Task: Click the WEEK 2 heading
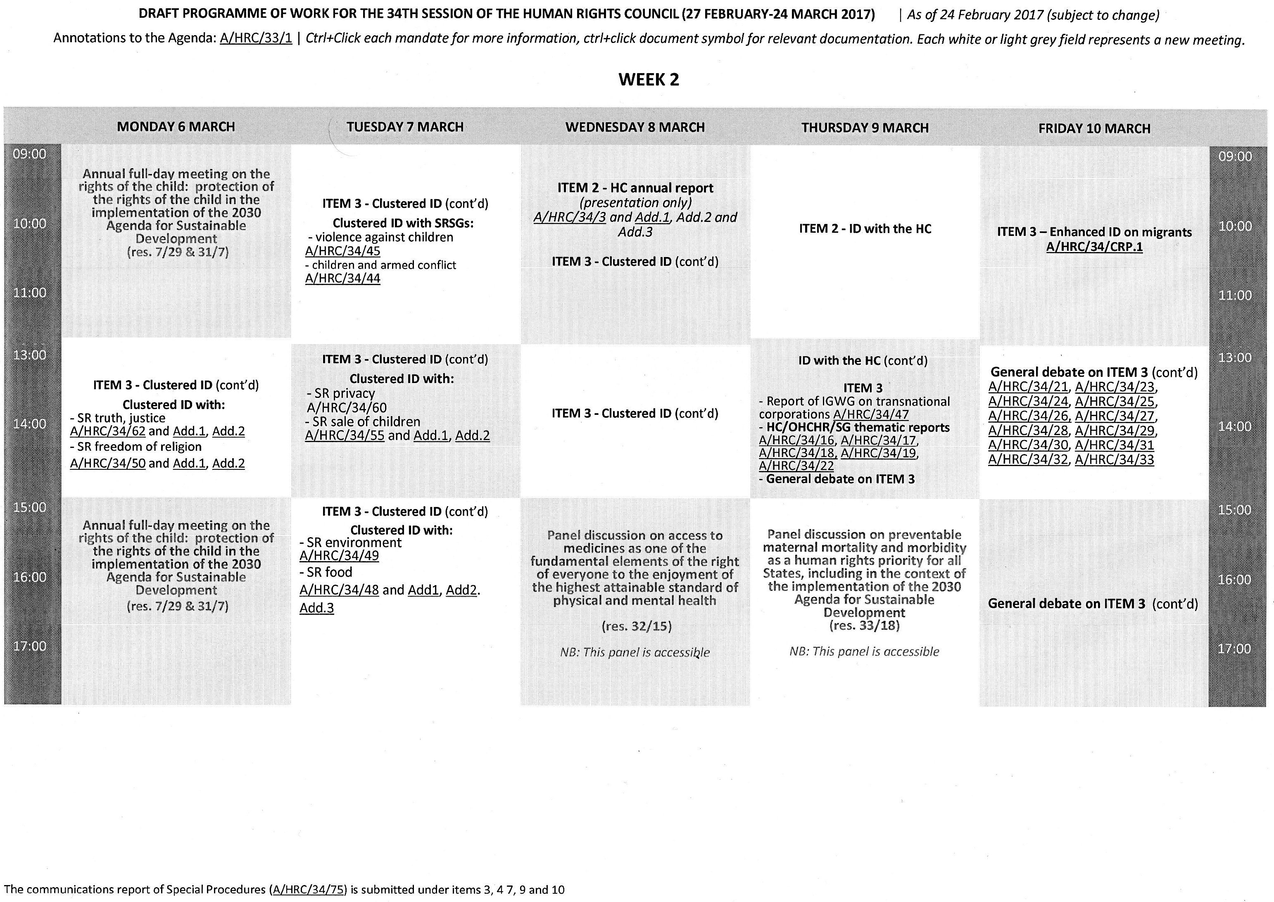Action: (x=648, y=79)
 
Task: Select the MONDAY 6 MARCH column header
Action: (x=176, y=126)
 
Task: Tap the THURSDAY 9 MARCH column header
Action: (x=865, y=128)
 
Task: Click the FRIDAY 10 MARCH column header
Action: (x=1094, y=129)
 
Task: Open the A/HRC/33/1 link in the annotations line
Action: (x=256, y=38)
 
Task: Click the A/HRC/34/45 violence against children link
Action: (x=342, y=251)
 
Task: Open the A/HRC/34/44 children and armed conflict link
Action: (x=342, y=278)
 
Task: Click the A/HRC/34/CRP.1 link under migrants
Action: (x=1094, y=247)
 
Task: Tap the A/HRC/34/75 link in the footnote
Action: (x=309, y=890)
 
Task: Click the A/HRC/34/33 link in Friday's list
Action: (x=1114, y=460)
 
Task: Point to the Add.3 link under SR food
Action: (x=316, y=608)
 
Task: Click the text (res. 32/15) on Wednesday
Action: (x=637, y=626)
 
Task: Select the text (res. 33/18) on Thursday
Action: (x=864, y=626)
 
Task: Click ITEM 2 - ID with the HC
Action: (x=865, y=229)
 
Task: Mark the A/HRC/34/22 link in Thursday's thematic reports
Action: (x=796, y=466)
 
